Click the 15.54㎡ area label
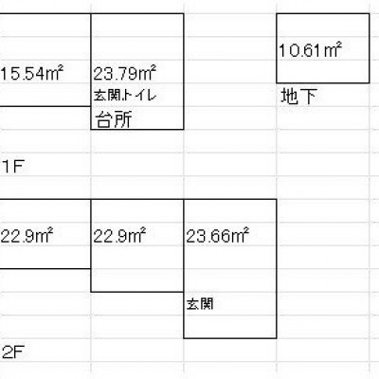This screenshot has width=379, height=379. [31, 74]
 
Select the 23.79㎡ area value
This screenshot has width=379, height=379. [125, 73]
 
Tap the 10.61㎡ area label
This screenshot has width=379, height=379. [311, 50]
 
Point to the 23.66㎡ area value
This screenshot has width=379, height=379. [218, 236]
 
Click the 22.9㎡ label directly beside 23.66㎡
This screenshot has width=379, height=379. [119, 236]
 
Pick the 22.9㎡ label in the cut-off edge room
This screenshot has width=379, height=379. [27, 236]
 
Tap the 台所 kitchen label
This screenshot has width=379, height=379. [114, 119]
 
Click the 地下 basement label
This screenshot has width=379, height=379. [298, 96]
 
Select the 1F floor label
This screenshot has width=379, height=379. [13, 167]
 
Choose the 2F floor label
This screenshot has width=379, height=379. [13, 352]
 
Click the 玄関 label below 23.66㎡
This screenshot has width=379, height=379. [200, 304]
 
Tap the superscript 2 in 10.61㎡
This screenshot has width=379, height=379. [339, 45]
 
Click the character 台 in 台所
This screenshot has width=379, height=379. [105, 119]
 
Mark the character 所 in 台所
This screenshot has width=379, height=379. [123, 119]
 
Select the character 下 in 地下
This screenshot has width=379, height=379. [308, 97]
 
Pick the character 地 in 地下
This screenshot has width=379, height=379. [289, 96]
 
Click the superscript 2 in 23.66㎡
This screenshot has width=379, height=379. [246, 231]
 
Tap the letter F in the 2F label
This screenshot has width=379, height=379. [19, 352]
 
